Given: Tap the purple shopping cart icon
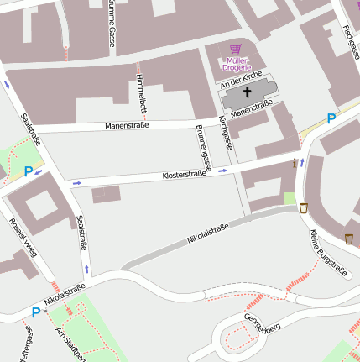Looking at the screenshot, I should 235,50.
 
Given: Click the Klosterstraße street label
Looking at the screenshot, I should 184,176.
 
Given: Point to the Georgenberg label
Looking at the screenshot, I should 260,323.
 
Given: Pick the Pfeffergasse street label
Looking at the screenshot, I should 28,345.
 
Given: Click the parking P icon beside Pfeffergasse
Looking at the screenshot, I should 36,312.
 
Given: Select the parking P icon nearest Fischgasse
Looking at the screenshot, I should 331,119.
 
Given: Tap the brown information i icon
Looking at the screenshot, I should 295,163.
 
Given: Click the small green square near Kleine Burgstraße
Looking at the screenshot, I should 290,198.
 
